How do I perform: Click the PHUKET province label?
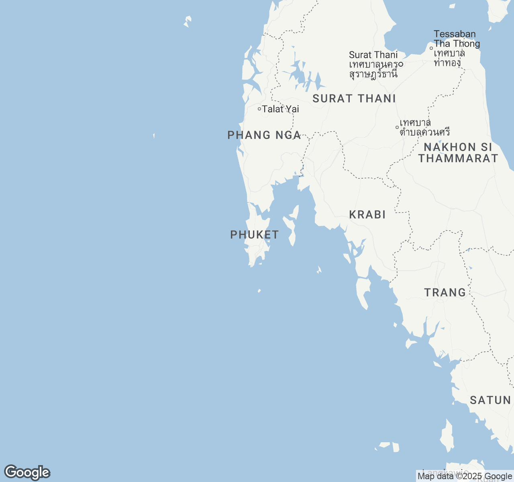tap(255, 235)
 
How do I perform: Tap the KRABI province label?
tap(367, 215)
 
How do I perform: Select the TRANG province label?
tap(445, 293)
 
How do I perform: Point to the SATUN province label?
tap(490, 400)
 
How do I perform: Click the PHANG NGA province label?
tap(264, 135)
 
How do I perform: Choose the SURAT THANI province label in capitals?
tap(354, 99)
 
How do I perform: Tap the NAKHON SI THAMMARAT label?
tap(458, 153)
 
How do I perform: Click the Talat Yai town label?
tap(280, 109)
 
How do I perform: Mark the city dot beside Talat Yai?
tap(259, 109)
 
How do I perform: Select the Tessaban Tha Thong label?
tap(457, 39)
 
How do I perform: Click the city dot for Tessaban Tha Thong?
tap(431, 48)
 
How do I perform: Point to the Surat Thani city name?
tap(373, 55)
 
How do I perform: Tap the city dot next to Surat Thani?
tap(401, 64)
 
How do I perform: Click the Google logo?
tap(27, 473)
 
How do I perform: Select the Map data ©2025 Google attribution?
tap(465, 476)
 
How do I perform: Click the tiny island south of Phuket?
tap(259, 291)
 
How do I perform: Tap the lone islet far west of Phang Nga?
tap(154, 136)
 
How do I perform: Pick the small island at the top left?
tap(188, 21)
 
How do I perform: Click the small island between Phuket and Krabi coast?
tap(319, 270)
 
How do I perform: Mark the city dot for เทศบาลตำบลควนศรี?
tap(397, 127)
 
